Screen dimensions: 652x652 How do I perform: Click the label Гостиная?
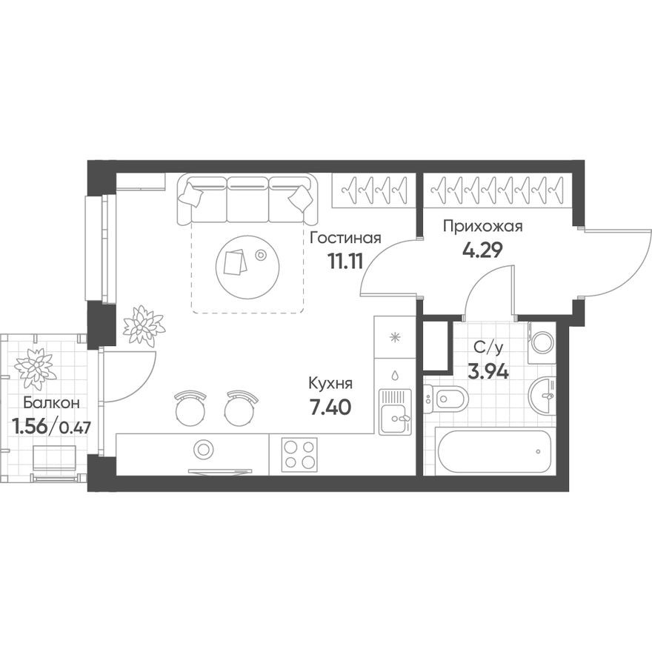pyautogui.click(x=345, y=239)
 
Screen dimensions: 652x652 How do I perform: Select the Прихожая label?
pyautogui.click(x=483, y=227)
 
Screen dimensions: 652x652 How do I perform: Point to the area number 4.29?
pyautogui.click(x=482, y=250)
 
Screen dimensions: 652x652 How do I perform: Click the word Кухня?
pyautogui.click(x=330, y=384)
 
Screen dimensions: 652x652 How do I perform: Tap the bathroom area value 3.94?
pyautogui.click(x=488, y=371)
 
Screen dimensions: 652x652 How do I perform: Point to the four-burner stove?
pyautogui.click(x=299, y=453)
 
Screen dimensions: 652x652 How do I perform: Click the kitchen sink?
pyautogui.click(x=394, y=413)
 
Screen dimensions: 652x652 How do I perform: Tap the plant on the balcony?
pyautogui.click(x=35, y=366)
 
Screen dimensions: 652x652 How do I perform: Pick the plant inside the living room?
pyautogui.click(x=144, y=326)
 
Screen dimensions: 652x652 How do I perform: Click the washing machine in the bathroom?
pyautogui.click(x=541, y=343)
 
